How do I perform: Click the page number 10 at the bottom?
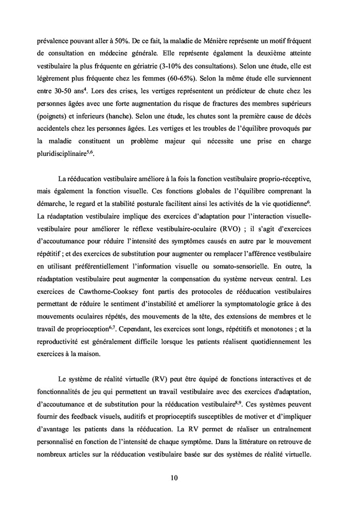pos(174,478)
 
